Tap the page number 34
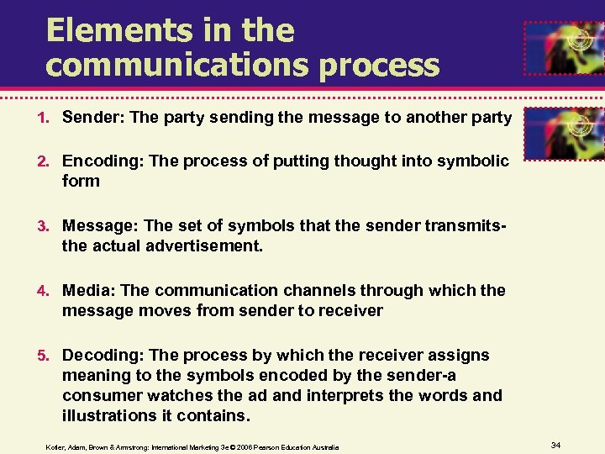coord(555,443)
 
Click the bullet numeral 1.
coord(52,119)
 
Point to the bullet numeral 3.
coord(52,226)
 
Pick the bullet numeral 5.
coord(52,356)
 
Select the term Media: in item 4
coord(89,290)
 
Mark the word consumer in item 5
coord(100,395)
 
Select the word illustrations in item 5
coord(109,415)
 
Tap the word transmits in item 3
coord(468,225)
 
